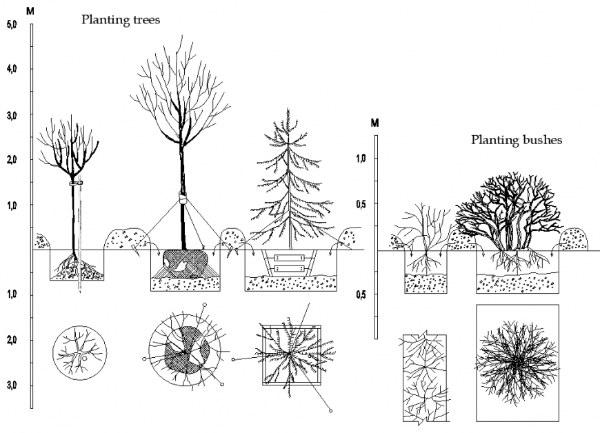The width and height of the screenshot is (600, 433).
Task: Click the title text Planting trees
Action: click(x=121, y=20)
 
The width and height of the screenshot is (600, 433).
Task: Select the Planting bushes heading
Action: click(x=516, y=140)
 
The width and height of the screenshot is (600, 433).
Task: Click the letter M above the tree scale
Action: click(x=29, y=11)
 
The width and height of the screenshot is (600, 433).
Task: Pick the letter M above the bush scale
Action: click(x=374, y=123)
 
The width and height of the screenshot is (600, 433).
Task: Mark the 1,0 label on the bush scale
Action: click(x=360, y=159)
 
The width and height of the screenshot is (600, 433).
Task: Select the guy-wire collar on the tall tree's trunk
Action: click(x=183, y=199)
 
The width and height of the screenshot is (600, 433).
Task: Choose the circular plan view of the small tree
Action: click(x=80, y=352)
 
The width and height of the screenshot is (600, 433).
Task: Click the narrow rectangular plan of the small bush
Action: click(x=424, y=377)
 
